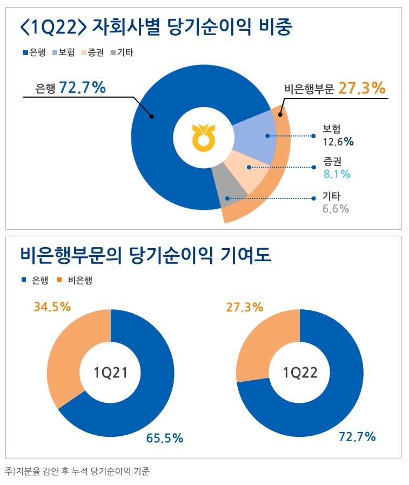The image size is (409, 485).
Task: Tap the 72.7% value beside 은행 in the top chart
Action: click(x=82, y=88)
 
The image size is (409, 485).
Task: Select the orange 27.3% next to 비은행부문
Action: click(x=361, y=88)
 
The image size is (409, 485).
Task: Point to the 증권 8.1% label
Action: click(x=336, y=168)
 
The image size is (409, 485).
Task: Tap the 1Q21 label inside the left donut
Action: click(x=110, y=373)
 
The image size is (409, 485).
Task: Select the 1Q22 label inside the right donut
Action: click(x=300, y=373)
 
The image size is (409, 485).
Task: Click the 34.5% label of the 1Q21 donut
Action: click(x=52, y=307)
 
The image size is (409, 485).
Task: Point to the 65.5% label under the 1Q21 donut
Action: click(x=165, y=438)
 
